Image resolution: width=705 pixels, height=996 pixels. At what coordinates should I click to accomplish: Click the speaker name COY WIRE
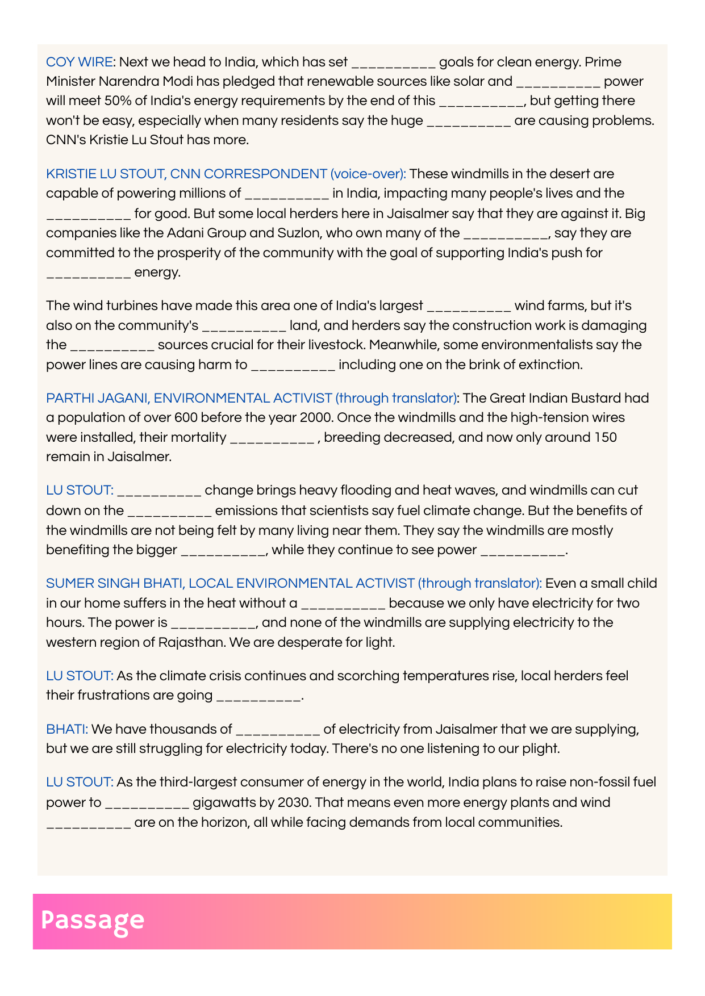[x=80, y=62]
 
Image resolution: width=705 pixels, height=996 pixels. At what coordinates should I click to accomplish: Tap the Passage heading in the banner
[x=93, y=920]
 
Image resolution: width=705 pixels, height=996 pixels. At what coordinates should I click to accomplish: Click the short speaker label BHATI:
[x=67, y=729]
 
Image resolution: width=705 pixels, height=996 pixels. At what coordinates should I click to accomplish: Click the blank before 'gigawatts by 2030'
[x=147, y=804]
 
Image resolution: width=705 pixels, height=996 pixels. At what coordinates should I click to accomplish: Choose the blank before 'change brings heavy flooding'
[x=159, y=491]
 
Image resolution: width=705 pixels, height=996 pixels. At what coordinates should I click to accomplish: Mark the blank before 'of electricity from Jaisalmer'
[x=278, y=730]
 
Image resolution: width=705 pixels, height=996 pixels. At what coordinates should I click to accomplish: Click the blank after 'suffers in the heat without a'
[x=343, y=604]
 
